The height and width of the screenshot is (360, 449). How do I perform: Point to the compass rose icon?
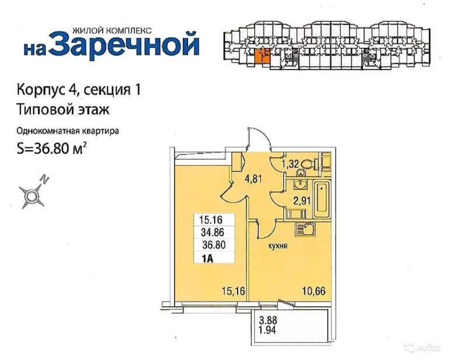pyautogui.click(x=32, y=195)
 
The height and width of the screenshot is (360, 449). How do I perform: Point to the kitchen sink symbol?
pyautogui.click(x=301, y=227)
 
